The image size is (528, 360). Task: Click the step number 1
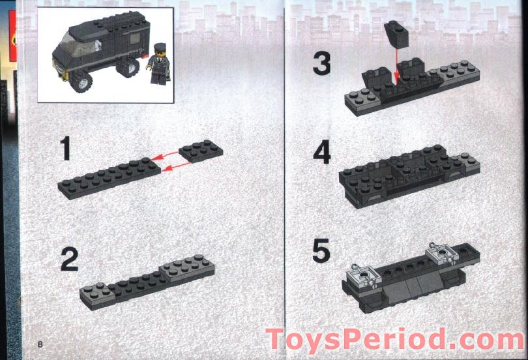(x=65, y=150)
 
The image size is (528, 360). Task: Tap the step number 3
(x=321, y=64)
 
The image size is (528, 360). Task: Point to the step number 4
(x=321, y=153)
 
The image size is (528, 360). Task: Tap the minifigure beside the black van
(x=158, y=65)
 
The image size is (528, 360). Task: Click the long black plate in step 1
(x=110, y=175)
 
